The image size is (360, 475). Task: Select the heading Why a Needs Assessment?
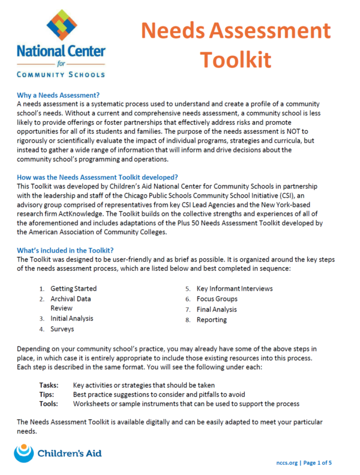[58, 95]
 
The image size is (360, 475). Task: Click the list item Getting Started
[73, 288]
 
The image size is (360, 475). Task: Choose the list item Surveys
[62, 328]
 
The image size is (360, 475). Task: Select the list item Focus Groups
[217, 298]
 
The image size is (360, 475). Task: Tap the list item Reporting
[211, 319]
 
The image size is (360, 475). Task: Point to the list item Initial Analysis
[71, 318]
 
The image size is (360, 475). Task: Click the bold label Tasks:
[49, 384]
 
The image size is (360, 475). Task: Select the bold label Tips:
[47, 394]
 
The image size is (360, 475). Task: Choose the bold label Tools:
[49, 404]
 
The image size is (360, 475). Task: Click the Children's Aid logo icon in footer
[24, 453]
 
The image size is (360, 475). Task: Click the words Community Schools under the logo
[61, 74]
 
